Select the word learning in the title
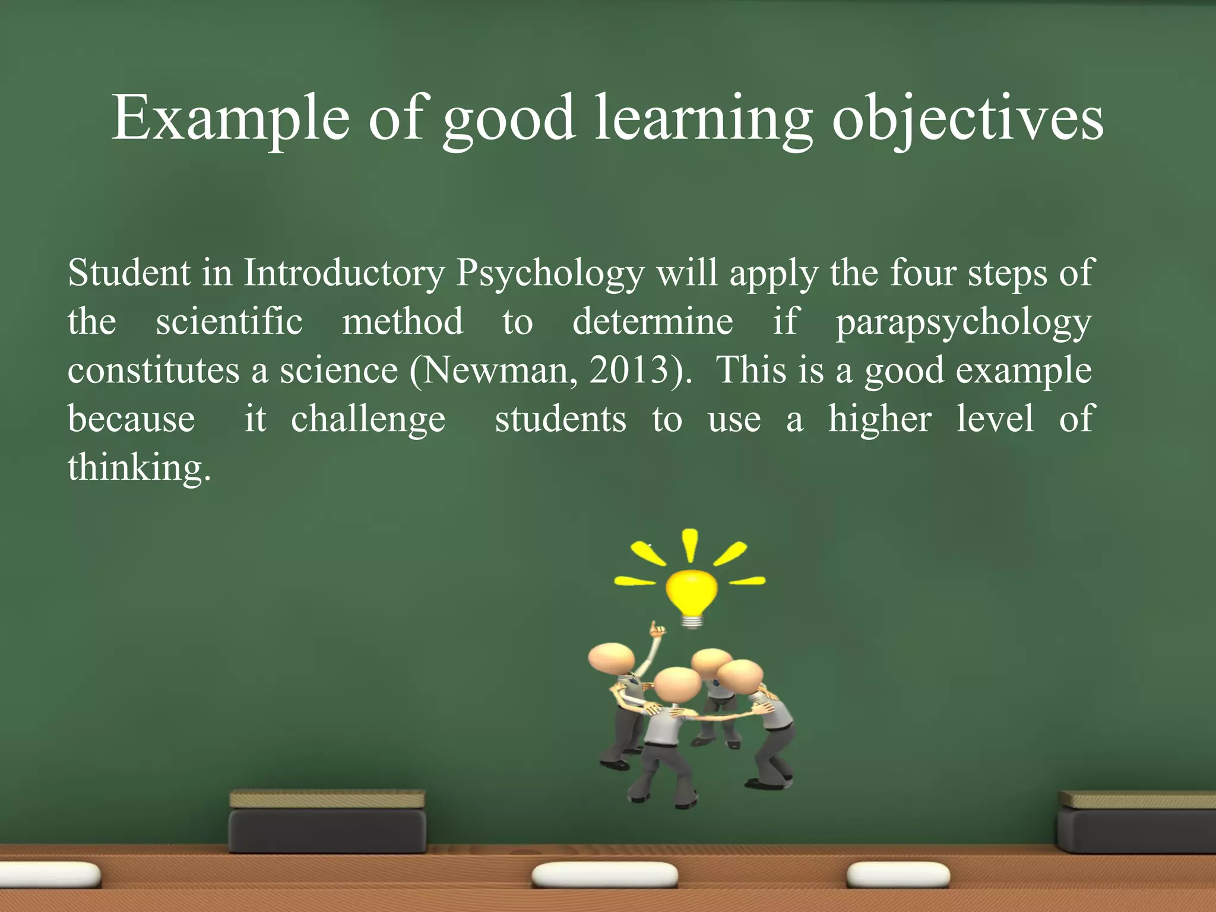coord(704,119)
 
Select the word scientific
coord(229,322)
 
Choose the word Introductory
coord(344,274)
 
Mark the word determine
coord(653,322)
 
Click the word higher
coord(879,419)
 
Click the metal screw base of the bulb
coord(691,621)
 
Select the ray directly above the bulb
coord(689,544)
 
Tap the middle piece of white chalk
coord(604,875)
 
